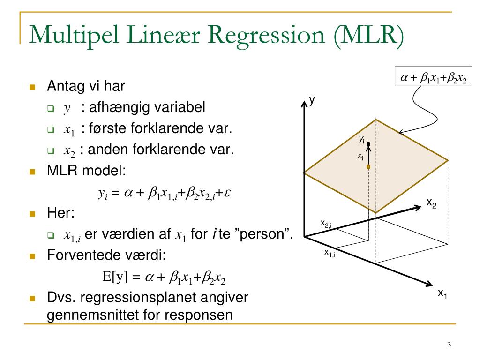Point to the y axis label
[312, 100]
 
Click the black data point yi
[368, 143]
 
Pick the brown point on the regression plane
[368, 166]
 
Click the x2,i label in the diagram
[326, 224]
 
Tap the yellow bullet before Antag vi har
[32, 87]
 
